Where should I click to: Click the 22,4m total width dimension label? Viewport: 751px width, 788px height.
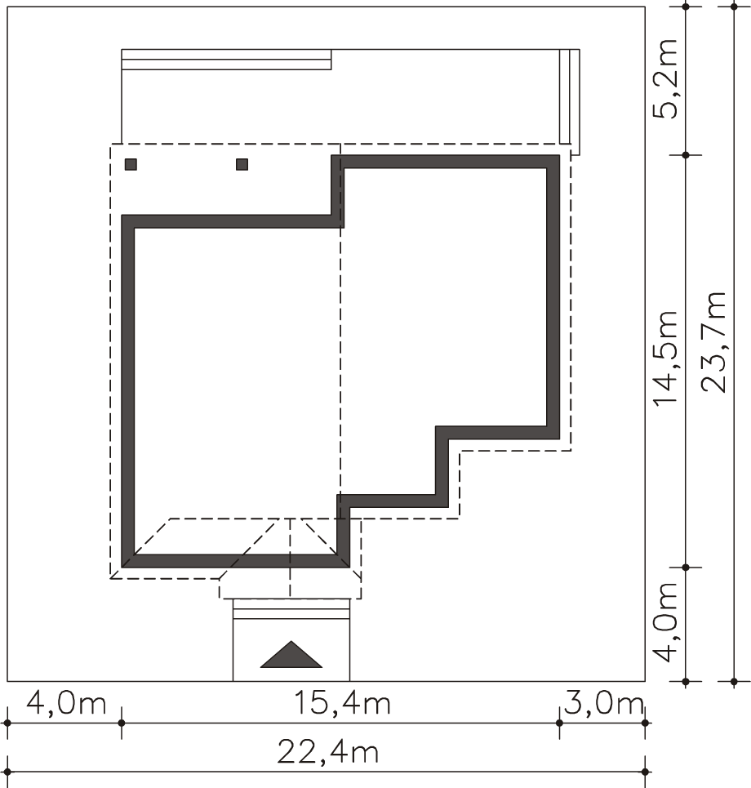pyautogui.click(x=327, y=753)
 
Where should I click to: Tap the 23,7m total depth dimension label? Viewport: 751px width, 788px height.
pyautogui.click(x=713, y=341)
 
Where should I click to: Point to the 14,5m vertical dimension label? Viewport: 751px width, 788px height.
pyautogui.click(x=664, y=358)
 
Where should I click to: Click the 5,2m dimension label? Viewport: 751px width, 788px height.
pyautogui.click(x=664, y=79)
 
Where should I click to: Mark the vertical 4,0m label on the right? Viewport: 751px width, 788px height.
pyautogui.click(x=664, y=623)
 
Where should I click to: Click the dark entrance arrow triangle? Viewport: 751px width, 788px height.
pyautogui.click(x=291, y=655)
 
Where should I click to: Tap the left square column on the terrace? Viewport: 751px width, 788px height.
pyautogui.click(x=131, y=164)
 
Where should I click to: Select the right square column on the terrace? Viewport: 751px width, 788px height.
pyautogui.click(x=242, y=164)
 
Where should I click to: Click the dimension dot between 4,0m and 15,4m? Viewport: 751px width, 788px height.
pyautogui.click(x=121, y=723)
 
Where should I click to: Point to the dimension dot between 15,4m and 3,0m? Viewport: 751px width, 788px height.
pyautogui.click(x=560, y=723)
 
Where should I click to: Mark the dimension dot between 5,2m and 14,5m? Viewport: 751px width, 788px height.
pyautogui.click(x=686, y=155)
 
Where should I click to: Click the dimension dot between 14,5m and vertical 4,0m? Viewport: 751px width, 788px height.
pyautogui.click(x=686, y=568)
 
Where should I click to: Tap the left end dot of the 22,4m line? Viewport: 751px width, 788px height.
pyautogui.click(x=7, y=772)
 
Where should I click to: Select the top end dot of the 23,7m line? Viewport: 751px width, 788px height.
pyautogui.click(x=734, y=7)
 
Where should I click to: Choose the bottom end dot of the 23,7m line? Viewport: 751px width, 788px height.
pyautogui.click(x=734, y=682)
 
